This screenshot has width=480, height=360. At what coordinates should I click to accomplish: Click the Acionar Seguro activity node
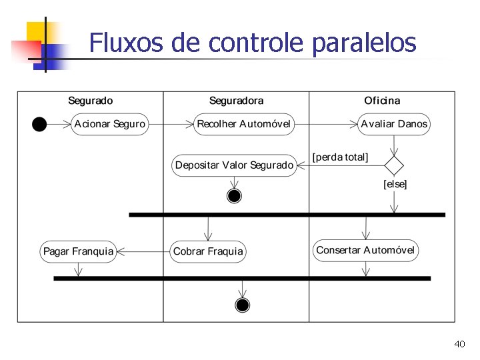(109, 124)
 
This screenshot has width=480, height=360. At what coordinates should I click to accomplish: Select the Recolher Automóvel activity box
(243, 124)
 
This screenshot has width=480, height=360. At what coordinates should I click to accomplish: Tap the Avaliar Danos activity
(394, 124)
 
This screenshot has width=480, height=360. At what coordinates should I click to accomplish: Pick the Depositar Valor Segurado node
(234, 165)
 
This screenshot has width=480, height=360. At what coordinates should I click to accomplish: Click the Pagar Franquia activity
(78, 251)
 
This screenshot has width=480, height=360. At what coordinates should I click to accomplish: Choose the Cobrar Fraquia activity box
(208, 251)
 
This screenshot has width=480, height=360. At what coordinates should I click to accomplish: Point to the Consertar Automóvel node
(365, 251)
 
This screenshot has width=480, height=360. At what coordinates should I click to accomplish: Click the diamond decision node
(395, 165)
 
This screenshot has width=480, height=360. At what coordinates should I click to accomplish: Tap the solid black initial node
(39, 124)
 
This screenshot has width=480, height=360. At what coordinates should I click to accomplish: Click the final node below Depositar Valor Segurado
(234, 195)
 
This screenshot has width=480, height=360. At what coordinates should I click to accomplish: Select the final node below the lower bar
(243, 305)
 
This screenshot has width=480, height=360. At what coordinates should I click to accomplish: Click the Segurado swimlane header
(91, 101)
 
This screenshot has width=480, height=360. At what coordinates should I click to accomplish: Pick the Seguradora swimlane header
(236, 101)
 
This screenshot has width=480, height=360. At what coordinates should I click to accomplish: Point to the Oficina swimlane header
(382, 101)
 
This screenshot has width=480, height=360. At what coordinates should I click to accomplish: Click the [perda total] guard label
(340, 157)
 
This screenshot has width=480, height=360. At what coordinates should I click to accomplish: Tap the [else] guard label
(395, 184)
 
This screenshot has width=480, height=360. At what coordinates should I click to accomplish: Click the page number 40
(459, 344)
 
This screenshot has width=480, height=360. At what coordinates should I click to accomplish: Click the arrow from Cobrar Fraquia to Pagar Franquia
(143, 251)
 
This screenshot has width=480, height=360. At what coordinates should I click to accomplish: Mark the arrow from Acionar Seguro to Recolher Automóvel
(170, 124)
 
